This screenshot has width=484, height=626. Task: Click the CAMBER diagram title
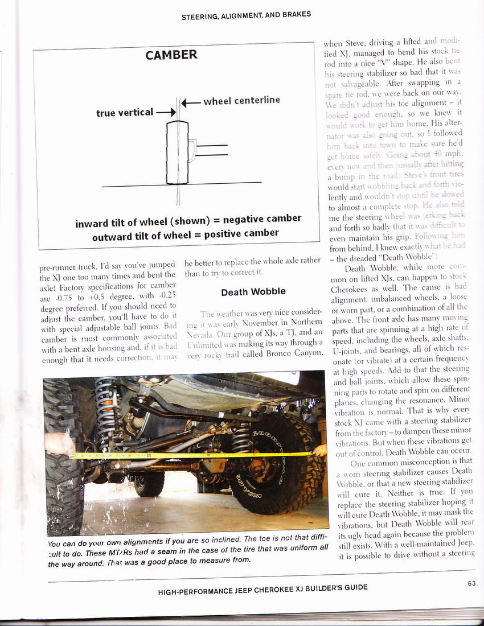pos(171,55)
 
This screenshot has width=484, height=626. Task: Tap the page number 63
pos(471,582)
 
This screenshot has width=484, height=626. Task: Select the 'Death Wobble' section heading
pos(253,292)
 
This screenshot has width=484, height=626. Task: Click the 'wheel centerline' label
pos(241,101)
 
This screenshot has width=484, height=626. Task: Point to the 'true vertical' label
pos(125,112)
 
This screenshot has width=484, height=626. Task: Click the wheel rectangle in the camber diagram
pos(177,152)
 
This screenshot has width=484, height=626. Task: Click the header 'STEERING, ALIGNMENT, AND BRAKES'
pos(246,15)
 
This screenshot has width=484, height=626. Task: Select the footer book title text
pos(262,588)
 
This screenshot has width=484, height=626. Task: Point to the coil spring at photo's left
pos(105,407)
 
